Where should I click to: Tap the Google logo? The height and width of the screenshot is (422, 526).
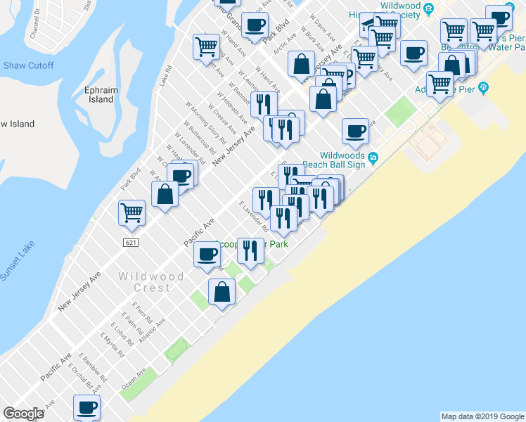tap(23, 414)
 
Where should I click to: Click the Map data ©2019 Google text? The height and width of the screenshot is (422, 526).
tap(482, 416)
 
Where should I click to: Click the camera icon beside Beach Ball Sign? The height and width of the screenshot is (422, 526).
tap(373, 157)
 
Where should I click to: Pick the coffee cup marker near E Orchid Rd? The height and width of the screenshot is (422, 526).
tap(87, 407)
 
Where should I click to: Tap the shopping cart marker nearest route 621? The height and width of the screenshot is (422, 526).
tap(132, 212)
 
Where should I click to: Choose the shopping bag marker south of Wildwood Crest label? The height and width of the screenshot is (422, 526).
tap(222, 292)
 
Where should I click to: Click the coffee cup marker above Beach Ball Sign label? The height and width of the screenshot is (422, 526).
tap(356, 130)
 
